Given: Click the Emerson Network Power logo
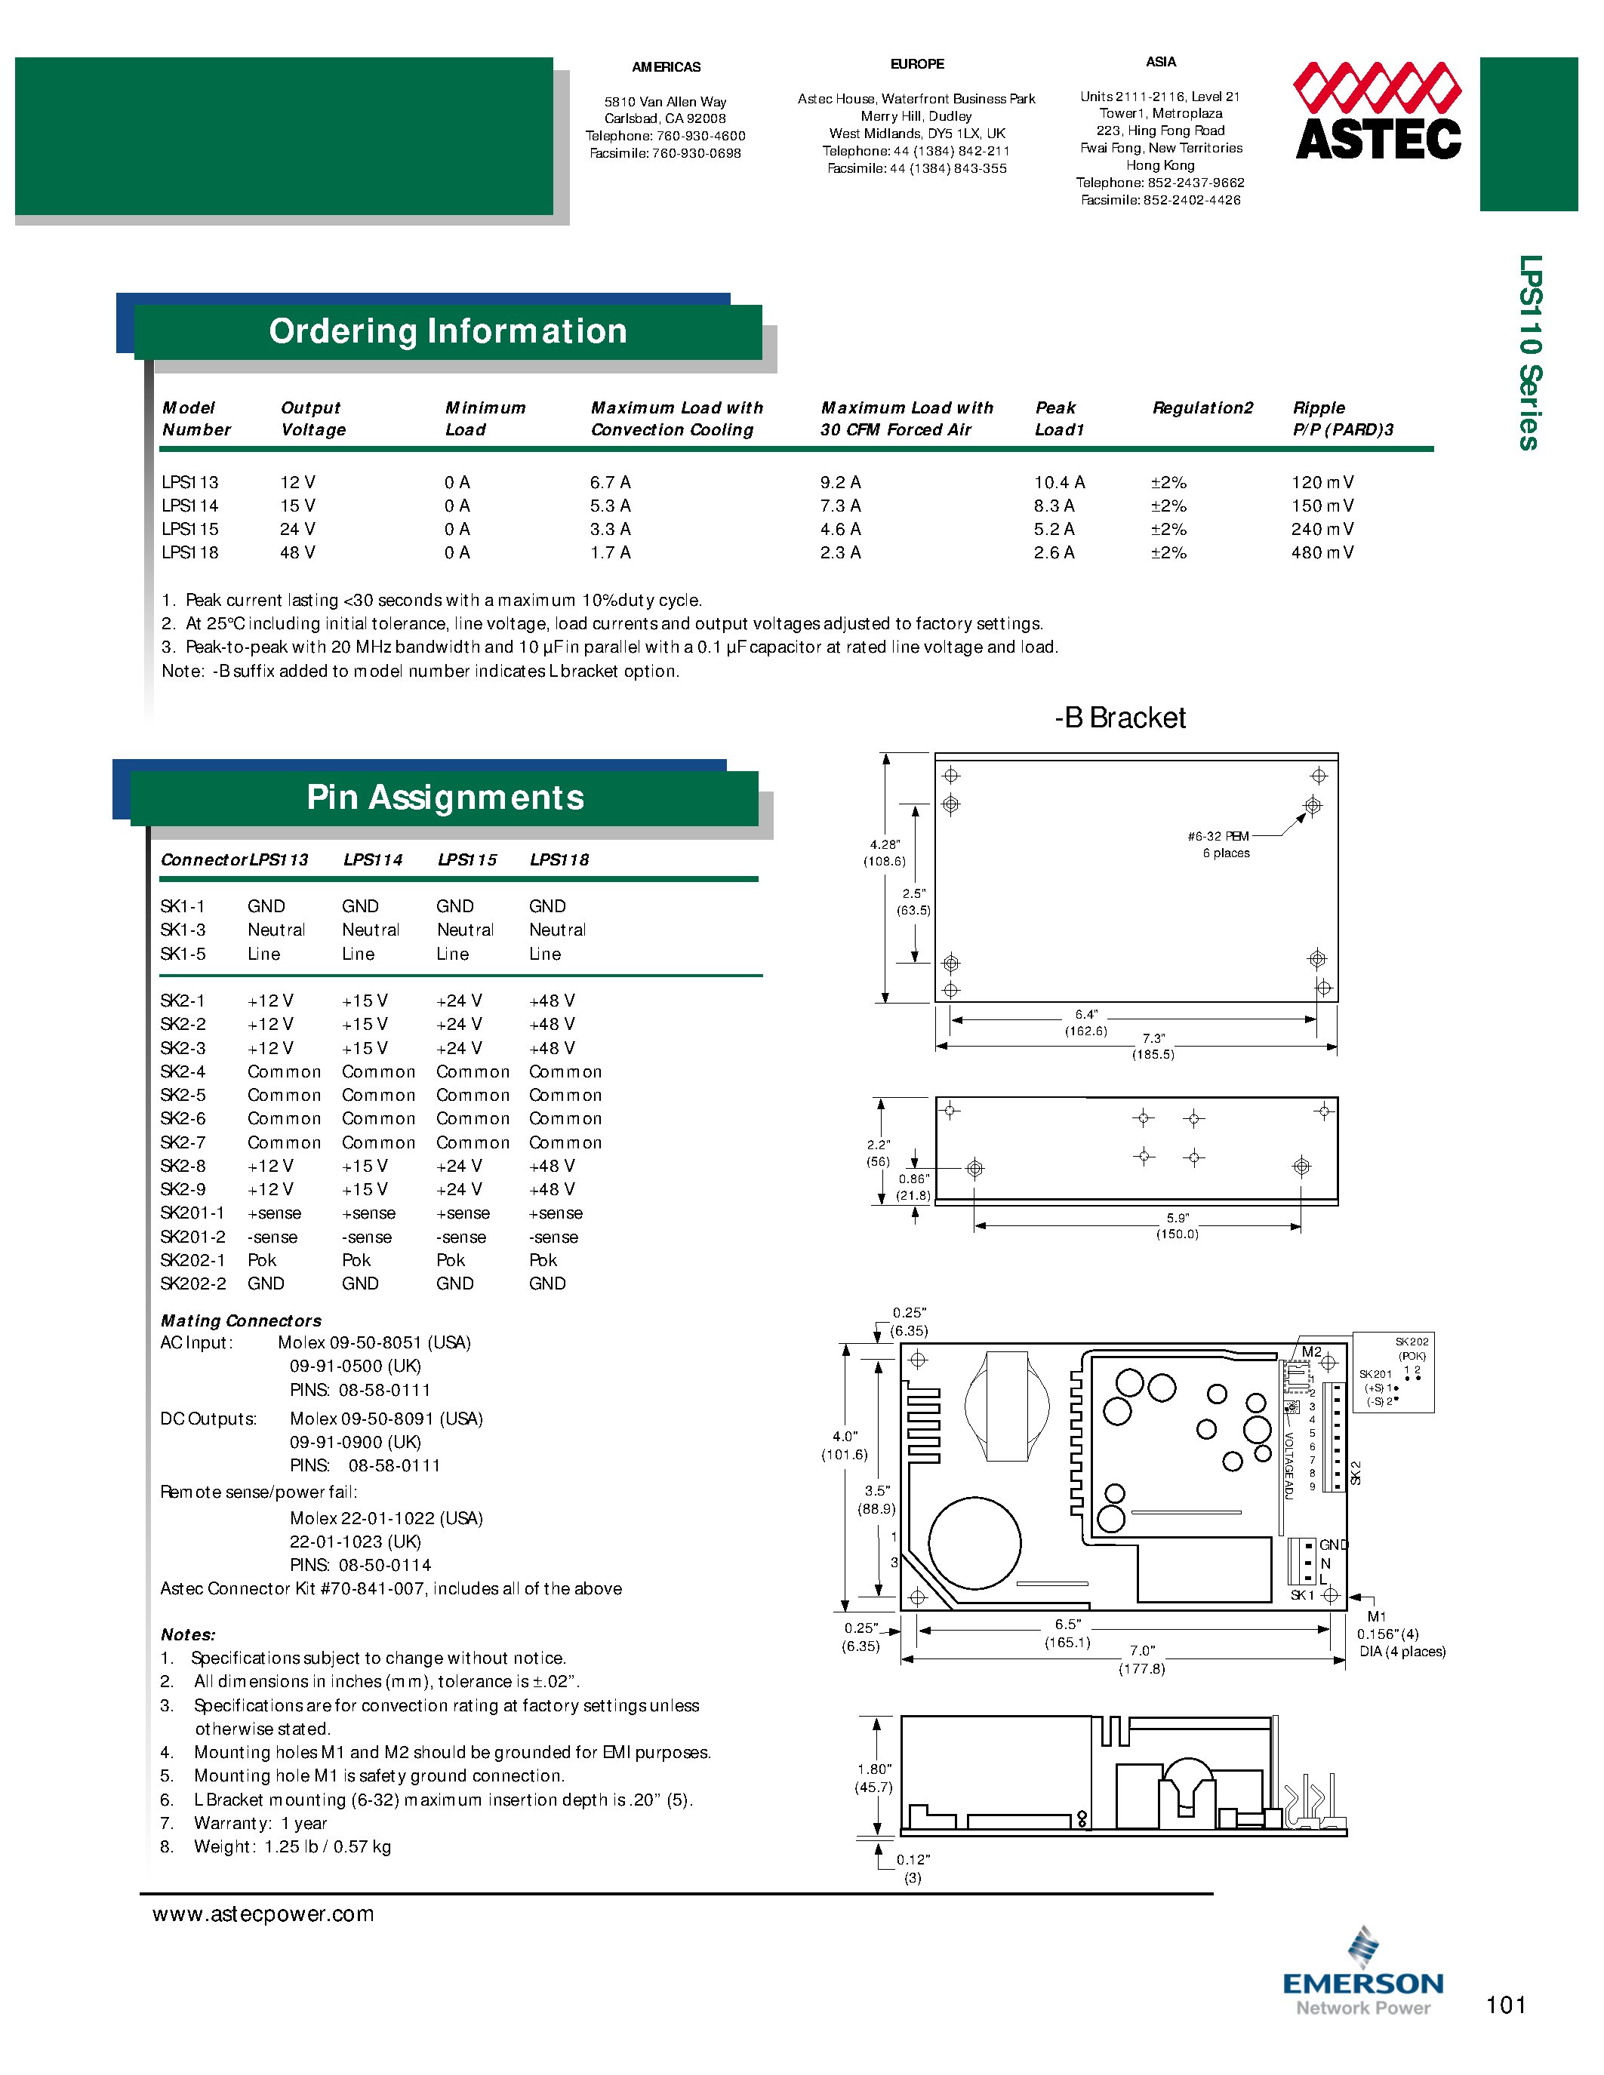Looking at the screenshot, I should pyautogui.click(x=1362, y=1975).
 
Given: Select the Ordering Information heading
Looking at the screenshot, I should pyautogui.click(x=448, y=331).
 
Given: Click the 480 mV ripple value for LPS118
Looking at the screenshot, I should pyautogui.click(x=1322, y=553).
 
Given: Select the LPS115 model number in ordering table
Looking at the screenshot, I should pyautogui.click(x=190, y=529).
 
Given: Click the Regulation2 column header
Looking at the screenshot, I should pyautogui.click(x=1202, y=407).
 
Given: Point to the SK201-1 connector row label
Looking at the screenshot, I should pyautogui.click(x=192, y=1213).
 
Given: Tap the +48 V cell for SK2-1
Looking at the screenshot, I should pyautogui.click(x=551, y=1001).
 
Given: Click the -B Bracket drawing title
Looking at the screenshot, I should pyautogui.click(x=1119, y=718).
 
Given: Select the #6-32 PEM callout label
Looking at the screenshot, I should pyautogui.click(x=1218, y=837).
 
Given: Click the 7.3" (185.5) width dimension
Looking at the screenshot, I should pyautogui.click(x=1153, y=1046).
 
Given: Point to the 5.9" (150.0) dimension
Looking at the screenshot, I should pyautogui.click(x=1177, y=1225).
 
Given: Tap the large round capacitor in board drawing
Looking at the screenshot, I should pyautogui.click(x=974, y=1543).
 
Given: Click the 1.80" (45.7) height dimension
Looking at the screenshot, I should pyautogui.click(x=873, y=1778).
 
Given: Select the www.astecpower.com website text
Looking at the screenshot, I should pyautogui.click(x=263, y=1914).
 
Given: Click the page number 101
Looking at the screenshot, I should pyautogui.click(x=1505, y=2006).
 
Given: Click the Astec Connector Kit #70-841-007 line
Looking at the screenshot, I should pyautogui.click(x=390, y=1588).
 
